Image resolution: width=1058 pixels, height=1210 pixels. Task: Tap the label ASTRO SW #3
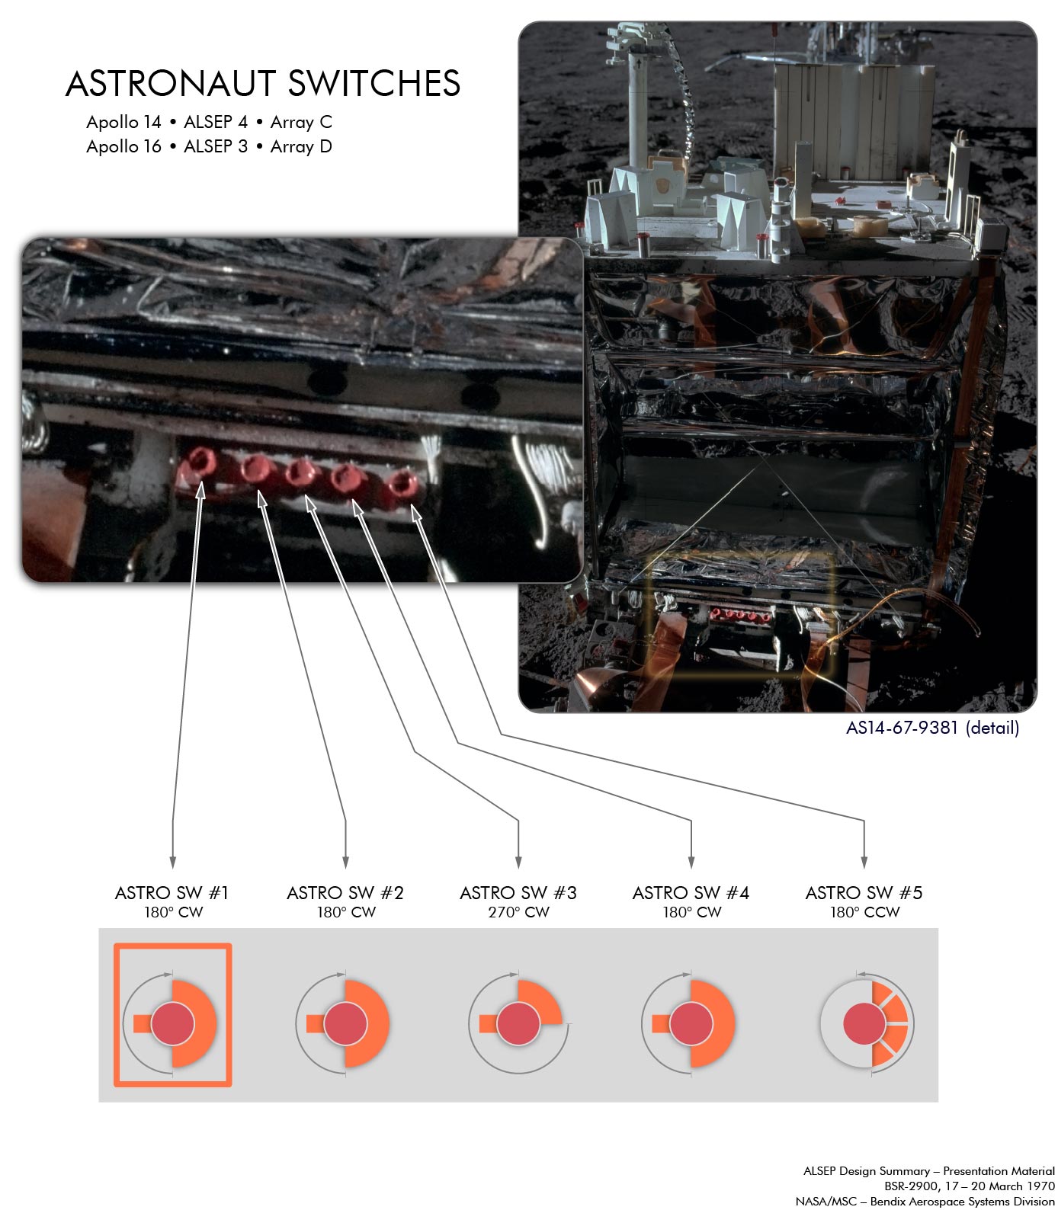[x=518, y=892]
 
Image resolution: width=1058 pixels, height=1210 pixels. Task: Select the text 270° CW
[x=518, y=912]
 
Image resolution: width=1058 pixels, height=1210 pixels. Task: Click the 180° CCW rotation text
[x=864, y=912]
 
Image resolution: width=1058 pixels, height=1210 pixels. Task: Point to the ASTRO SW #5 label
[x=864, y=892]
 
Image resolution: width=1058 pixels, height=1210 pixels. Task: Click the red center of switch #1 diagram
[x=173, y=1023]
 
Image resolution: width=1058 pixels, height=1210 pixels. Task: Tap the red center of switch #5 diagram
[x=864, y=1023]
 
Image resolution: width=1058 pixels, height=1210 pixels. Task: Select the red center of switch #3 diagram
[x=518, y=1023]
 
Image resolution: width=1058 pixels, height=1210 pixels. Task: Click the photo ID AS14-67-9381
[x=902, y=728]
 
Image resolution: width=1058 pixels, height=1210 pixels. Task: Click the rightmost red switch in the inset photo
[x=401, y=484]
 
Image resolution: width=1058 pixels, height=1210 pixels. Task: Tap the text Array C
[x=301, y=123]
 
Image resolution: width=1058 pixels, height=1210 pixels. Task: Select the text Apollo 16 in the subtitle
[x=123, y=146]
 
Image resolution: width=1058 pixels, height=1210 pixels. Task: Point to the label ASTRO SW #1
[x=172, y=892]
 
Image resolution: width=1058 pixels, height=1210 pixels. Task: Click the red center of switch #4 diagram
[x=691, y=1023]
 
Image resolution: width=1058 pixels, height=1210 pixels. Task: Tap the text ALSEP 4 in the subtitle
[x=216, y=123]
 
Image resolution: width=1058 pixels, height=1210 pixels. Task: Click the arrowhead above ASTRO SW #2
[x=346, y=862]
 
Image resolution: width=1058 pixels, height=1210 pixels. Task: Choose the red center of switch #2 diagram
[x=345, y=1023]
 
